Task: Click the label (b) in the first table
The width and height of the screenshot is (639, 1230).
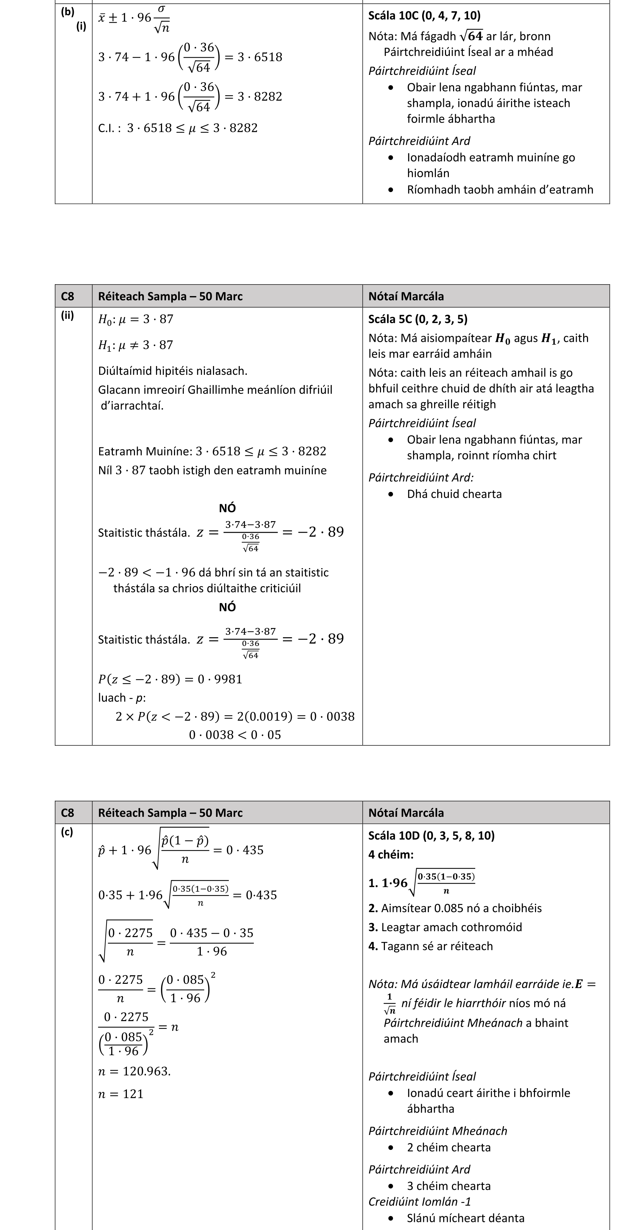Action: [67, 12]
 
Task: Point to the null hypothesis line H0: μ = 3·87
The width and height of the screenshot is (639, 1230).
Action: [136, 319]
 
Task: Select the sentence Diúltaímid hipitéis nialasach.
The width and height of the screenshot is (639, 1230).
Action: [172, 371]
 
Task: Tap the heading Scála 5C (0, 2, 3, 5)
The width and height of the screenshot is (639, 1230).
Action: [418, 319]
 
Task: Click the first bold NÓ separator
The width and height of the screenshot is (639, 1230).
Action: [227, 508]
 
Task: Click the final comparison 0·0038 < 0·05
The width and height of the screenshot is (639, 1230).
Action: [235, 735]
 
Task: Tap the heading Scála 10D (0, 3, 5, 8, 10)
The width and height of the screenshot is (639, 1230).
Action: [431, 835]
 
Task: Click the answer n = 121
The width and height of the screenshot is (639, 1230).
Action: [121, 1094]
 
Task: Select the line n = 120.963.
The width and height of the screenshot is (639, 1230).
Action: [134, 1071]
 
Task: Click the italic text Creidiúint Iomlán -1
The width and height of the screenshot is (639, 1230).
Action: [419, 1202]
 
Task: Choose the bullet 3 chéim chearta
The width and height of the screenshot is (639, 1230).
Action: [448, 1186]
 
